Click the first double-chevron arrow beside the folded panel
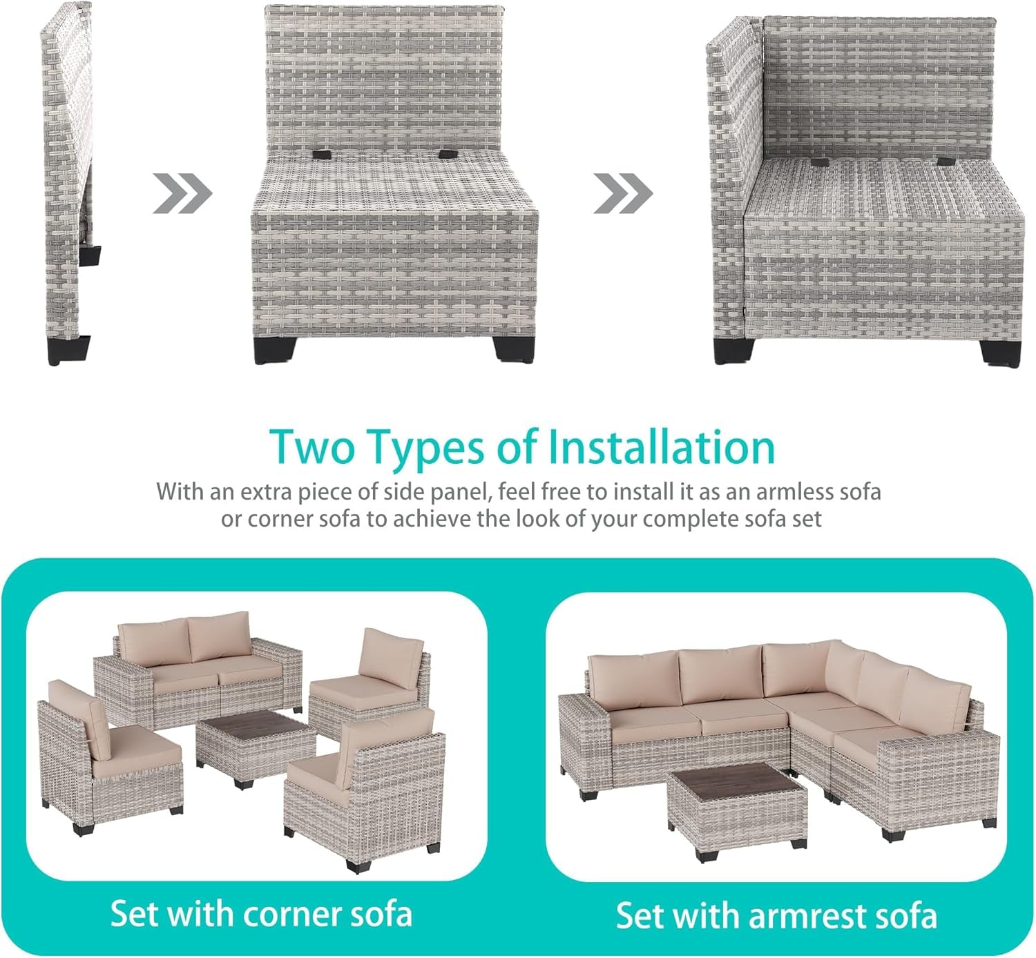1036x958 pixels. point(182,194)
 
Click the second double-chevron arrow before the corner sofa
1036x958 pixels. point(623,194)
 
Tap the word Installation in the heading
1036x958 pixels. point(661,447)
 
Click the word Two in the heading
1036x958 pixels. point(313,447)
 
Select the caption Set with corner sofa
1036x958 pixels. point(261,914)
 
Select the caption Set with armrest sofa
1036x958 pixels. point(776,915)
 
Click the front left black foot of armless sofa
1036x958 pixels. point(267,349)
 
